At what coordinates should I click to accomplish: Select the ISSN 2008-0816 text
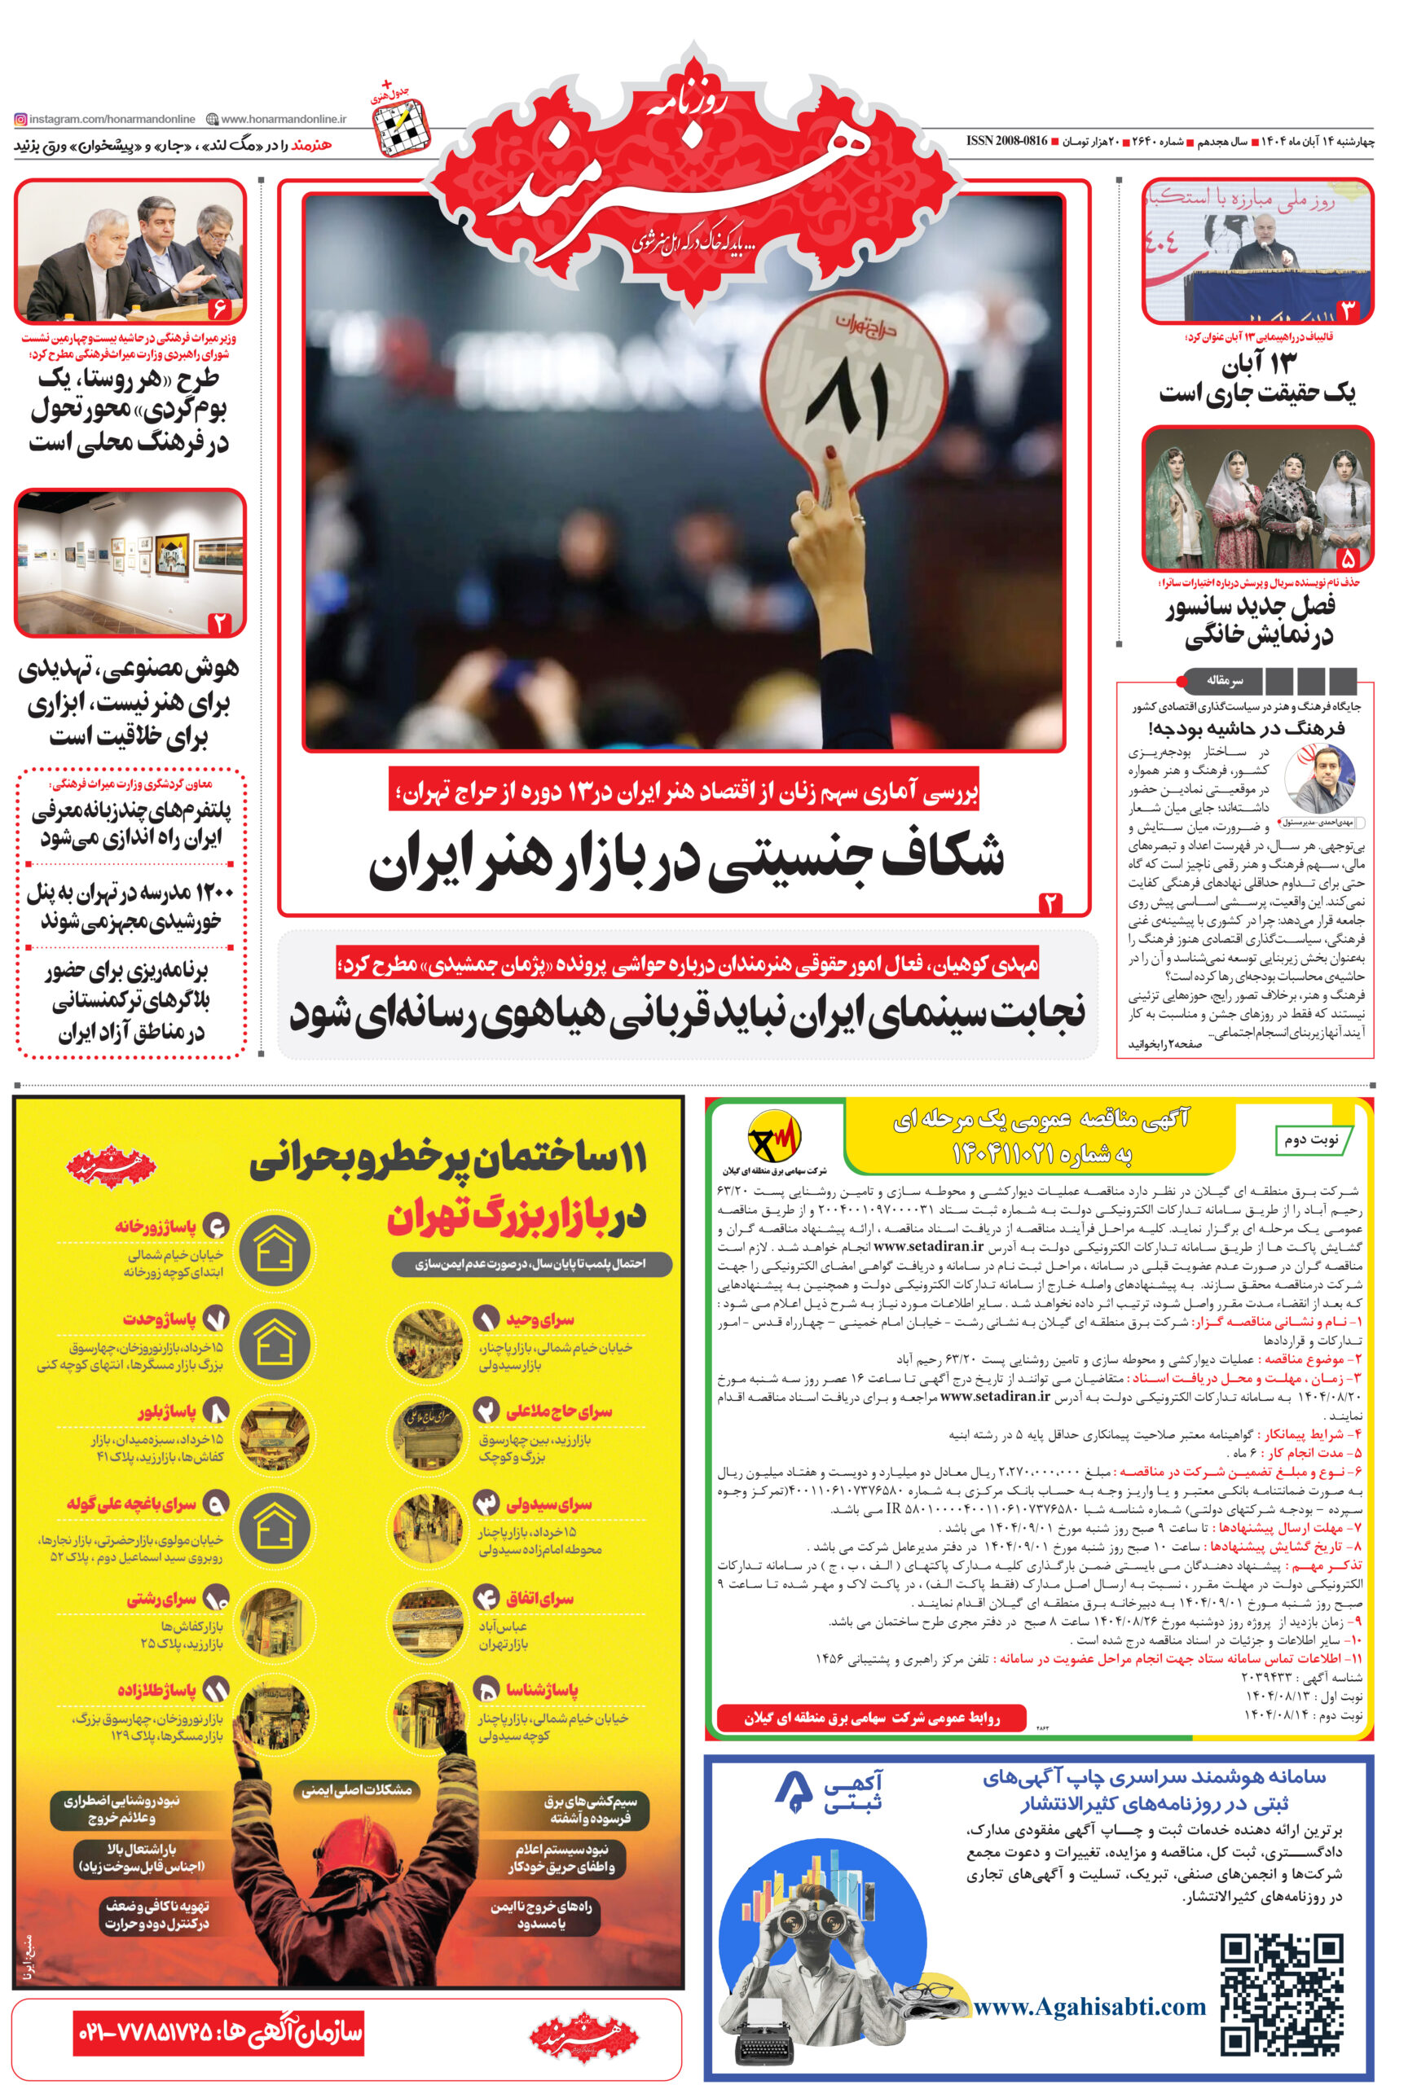click(1006, 141)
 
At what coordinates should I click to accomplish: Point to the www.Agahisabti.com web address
click(1089, 2006)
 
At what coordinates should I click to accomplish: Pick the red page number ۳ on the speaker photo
click(1347, 310)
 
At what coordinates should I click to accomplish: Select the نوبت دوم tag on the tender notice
click(1310, 1139)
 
